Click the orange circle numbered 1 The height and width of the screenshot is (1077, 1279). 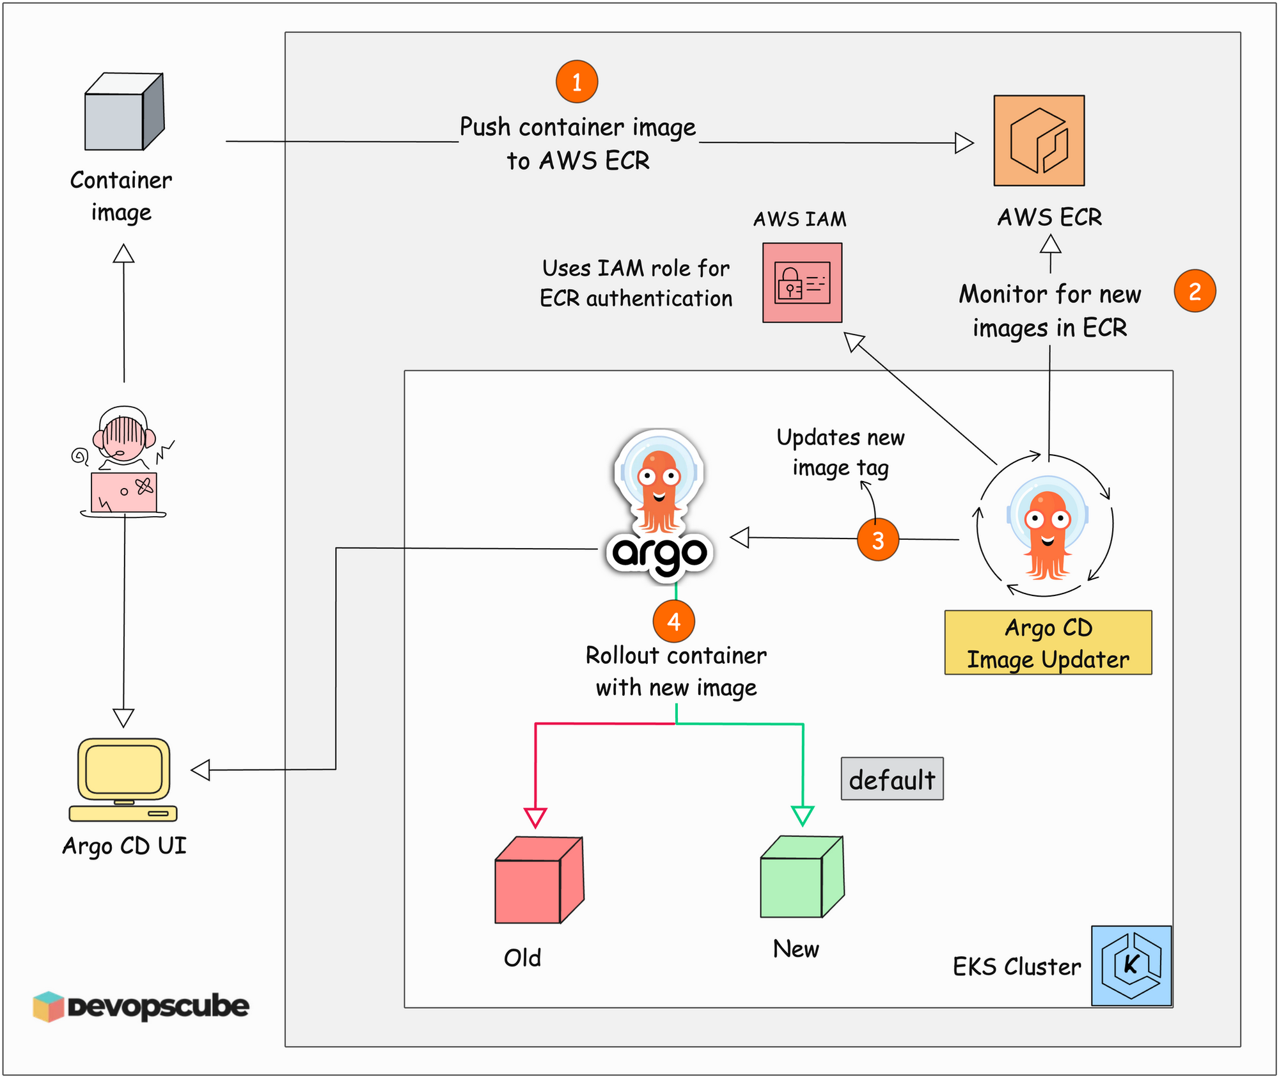(577, 82)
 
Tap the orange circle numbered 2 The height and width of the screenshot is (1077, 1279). (1195, 291)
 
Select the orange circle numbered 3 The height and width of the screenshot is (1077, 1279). (878, 540)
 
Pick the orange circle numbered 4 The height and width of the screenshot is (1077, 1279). (673, 621)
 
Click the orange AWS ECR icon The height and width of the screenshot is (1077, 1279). (1039, 141)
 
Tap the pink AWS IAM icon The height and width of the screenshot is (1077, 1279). (802, 283)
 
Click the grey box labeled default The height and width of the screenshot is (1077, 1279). (891, 779)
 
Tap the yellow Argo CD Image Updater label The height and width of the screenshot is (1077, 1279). (1048, 643)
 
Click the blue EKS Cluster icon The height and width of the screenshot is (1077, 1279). (1131, 966)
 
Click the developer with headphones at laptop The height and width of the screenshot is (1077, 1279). (123, 461)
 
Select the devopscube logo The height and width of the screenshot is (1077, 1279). (141, 1007)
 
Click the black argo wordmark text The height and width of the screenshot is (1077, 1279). (659, 554)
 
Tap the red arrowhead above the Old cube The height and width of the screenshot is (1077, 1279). (535, 817)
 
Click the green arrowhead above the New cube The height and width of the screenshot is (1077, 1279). (803, 815)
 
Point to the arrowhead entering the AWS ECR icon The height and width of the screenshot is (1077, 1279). (964, 143)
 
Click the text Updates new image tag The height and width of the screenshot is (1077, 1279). (840, 452)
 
